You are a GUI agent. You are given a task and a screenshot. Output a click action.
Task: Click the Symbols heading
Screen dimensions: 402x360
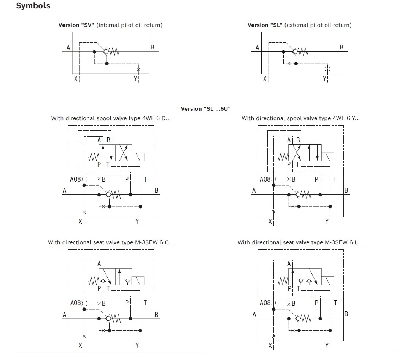(33, 6)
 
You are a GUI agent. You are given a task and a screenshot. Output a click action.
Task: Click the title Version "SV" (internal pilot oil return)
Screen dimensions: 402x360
(110, 25)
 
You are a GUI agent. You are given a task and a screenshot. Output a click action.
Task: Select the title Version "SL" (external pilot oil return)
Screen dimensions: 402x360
(299, 25)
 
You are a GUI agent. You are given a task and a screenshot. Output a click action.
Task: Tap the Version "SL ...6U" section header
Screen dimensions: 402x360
(206, 109)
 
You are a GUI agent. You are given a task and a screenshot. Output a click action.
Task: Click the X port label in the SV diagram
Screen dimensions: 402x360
(76, 79)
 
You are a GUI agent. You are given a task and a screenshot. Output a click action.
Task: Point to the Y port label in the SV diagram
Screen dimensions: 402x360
(135, 79)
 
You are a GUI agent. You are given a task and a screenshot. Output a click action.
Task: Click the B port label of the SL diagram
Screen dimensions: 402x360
(342, 47)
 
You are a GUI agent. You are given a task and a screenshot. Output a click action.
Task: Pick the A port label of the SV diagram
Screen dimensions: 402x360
(68, 48)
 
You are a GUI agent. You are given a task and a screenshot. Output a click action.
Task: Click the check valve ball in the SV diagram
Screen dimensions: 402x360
(106, 52)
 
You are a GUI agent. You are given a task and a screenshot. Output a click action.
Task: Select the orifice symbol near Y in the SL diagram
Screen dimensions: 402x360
(327, 69)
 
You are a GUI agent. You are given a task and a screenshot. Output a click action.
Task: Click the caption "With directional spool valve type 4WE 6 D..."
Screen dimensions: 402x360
(111, 118)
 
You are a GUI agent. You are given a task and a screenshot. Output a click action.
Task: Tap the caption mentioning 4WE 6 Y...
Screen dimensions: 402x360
(300, 118)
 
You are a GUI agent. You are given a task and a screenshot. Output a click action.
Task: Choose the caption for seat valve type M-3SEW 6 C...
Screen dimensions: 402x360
(111, 242)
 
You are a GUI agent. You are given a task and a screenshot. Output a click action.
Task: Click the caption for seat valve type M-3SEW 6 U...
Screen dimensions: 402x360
(300, 242)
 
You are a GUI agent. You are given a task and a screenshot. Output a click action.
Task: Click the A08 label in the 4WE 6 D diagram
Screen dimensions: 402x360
(75, 179)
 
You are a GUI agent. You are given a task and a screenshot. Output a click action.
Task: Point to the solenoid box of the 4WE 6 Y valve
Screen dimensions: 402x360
(328, 156)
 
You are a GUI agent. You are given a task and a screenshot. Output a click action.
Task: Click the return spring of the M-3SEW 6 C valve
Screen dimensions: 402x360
(93, 281)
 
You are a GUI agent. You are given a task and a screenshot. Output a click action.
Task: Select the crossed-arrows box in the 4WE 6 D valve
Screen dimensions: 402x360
(124, 153)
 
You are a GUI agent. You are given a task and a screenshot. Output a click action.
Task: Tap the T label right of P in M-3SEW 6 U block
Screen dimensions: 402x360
(335, 303)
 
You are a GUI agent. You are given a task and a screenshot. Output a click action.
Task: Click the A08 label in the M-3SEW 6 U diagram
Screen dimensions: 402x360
(265, 303)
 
